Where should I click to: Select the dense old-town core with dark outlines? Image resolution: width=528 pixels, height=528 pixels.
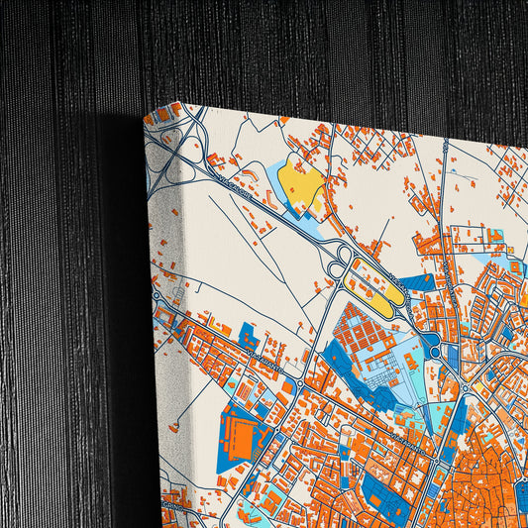(x=485, y=475)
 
